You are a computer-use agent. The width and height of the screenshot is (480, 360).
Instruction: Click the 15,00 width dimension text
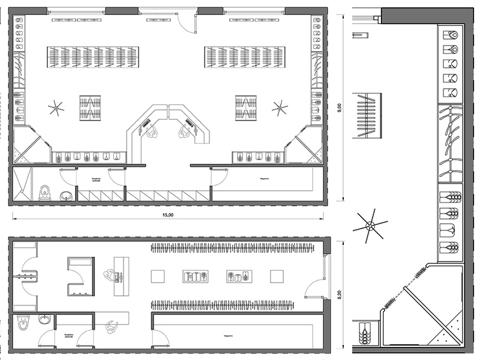[168, 215]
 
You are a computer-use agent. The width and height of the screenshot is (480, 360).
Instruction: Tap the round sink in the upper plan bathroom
[66, 195]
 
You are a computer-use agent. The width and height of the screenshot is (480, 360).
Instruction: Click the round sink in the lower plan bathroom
[44, 319]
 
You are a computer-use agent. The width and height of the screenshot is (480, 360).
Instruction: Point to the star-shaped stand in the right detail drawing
[370, 226]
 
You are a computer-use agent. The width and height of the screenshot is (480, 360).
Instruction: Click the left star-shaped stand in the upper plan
[56, 108]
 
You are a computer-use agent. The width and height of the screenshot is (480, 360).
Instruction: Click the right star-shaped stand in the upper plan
[280, 108]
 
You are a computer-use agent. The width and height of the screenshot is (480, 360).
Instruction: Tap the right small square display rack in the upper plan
[246, 107]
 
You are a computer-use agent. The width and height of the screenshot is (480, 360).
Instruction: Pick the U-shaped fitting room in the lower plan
[80, 277]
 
